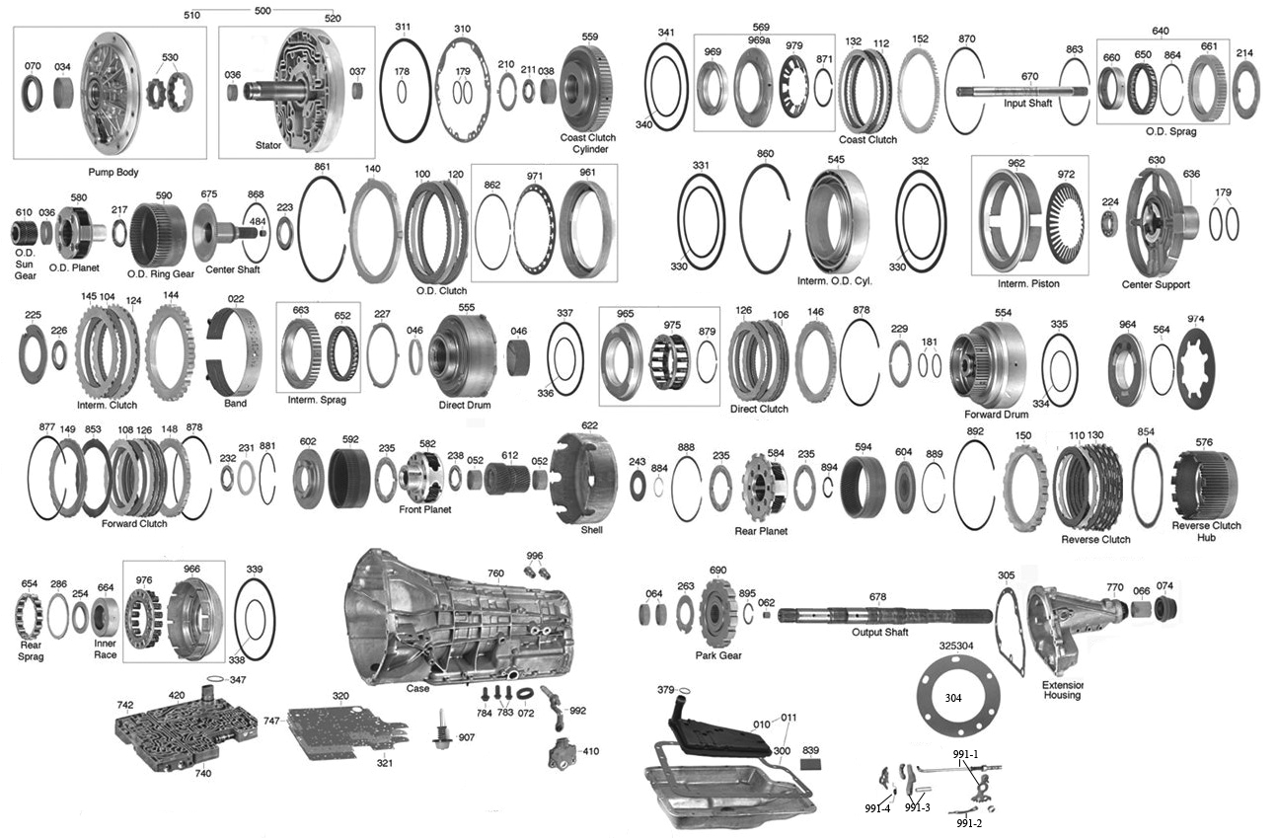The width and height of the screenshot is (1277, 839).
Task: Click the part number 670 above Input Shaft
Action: coord(1029,76)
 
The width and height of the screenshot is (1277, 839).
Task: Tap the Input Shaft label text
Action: coord(1028,103)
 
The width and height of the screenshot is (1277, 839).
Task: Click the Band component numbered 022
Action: coord(235,351)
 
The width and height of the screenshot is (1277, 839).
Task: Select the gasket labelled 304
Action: coord(952,698)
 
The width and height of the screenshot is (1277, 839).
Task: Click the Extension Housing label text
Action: coord(1062,689)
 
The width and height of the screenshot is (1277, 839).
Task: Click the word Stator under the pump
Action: coord(268,145)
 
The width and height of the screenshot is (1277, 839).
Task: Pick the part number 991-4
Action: coord(876,807)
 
